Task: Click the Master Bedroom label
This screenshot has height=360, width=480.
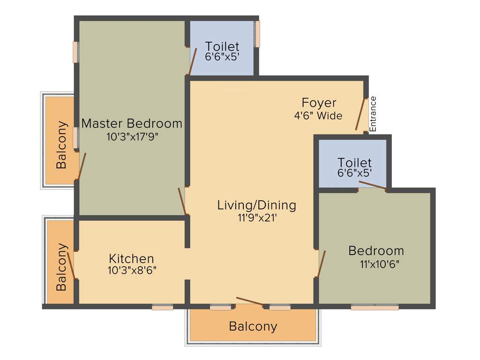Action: point(132,124)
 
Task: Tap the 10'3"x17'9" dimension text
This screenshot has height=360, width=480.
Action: point(132,137)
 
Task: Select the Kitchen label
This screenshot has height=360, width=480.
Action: point(131,258)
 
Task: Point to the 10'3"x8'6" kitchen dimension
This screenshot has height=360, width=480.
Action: point(131,270)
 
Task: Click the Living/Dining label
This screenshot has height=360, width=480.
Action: point(256,205)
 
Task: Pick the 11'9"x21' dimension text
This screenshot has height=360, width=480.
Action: point(256,217)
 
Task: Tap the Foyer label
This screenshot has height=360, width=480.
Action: point(319,103)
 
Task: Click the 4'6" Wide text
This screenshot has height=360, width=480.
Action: point(319,115)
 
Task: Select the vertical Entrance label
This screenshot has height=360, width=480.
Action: point(373,114)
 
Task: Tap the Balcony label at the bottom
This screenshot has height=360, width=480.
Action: point(253,326)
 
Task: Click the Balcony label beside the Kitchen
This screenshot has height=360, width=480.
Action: point(61,267)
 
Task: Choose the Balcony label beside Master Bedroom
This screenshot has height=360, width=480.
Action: point(61,145)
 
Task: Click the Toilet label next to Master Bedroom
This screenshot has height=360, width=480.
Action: point(222,46)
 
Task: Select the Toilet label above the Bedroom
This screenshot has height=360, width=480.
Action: point(354,163)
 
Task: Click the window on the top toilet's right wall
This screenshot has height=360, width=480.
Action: point(257,34)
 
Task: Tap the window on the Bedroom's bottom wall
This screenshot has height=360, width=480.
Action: point(375,307)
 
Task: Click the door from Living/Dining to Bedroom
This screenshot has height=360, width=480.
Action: point(321,264)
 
